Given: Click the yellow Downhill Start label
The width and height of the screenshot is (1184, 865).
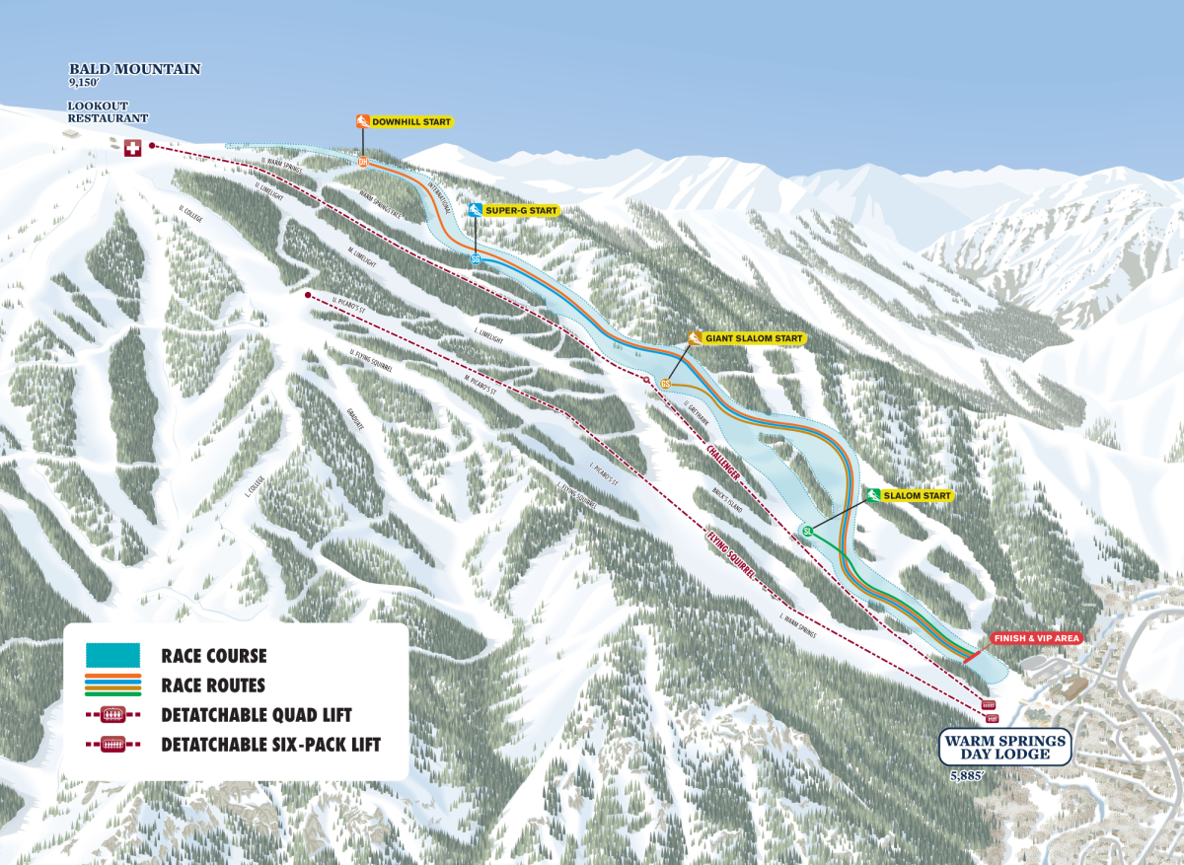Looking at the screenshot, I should [411, 121].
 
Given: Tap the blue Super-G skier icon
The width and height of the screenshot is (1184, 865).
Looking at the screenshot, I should [476, 210].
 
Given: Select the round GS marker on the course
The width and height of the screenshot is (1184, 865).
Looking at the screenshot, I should [666, 384].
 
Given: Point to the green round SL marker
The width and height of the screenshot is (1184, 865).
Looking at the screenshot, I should [807, 532].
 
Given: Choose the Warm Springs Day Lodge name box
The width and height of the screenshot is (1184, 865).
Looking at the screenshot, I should [1005, 748].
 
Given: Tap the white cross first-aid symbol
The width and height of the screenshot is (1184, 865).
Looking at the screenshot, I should [132, 148].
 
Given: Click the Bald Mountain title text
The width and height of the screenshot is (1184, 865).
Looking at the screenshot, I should [134, 69].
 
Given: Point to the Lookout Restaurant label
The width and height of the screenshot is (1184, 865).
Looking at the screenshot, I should [108, 111].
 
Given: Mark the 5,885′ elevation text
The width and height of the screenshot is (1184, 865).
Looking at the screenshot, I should [968, 776].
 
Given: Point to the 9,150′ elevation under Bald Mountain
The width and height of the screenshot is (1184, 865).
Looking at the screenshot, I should [86, 84].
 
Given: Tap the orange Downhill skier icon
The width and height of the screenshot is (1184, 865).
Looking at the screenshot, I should [363, 121].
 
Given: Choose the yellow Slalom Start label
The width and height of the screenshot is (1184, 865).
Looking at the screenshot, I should [918, 495].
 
